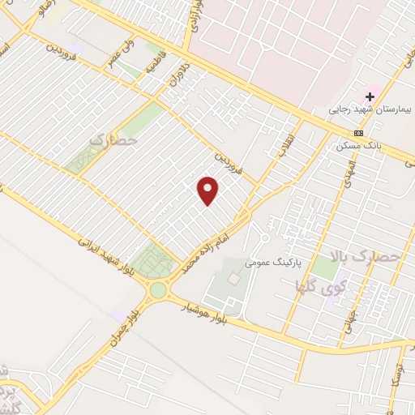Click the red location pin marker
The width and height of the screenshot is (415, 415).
(x=209, y=190)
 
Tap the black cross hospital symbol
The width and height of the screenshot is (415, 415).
(x=370, y=96)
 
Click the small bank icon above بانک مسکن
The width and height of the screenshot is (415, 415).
(x=358, y=134)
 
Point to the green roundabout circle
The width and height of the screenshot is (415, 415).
(x=157, y=290)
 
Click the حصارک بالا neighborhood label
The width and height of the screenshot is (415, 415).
(x=378, y=258)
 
